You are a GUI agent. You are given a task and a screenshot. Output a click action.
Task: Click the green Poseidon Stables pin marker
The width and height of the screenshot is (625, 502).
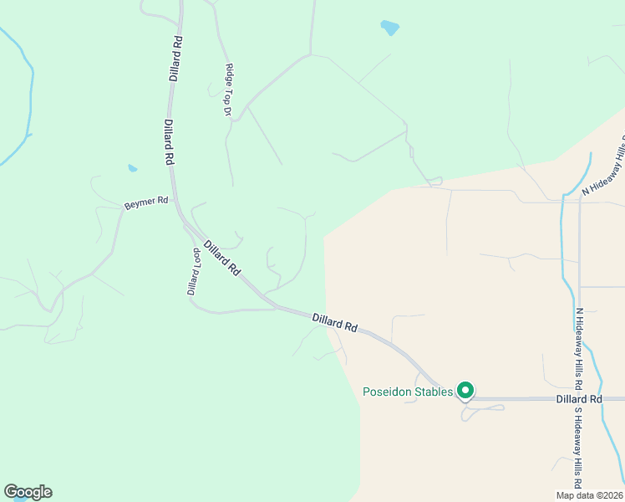pos(465,390)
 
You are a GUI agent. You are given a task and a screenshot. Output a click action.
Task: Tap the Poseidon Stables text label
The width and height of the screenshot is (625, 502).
pos(407,392)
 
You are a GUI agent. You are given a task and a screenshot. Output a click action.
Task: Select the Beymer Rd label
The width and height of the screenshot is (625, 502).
pos(146,202)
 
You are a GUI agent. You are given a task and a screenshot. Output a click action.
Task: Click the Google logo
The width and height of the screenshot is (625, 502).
pos(28,492)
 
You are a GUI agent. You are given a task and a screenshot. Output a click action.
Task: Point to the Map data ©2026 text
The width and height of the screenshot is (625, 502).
pos(590,495)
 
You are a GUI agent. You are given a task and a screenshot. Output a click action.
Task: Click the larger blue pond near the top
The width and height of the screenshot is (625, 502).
pos(389,28)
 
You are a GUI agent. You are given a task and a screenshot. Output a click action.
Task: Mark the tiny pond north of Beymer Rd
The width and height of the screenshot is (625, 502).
pos(132,168)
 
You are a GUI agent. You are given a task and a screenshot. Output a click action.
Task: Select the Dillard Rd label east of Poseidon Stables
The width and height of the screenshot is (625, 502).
pos(579,400)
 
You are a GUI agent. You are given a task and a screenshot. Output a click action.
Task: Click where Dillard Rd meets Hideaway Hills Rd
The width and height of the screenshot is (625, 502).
pos(577,399)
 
